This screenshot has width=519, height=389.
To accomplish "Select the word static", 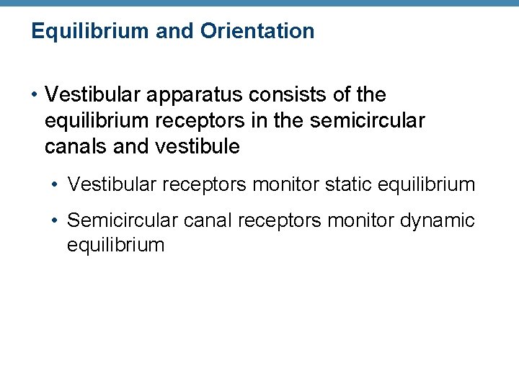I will [x=350, y=184].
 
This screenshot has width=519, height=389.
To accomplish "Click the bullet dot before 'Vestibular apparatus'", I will [x=34, y=95].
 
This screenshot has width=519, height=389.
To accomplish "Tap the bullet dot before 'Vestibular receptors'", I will [x=56, y=185].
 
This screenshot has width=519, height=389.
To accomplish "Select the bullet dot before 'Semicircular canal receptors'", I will [x=56, y=220].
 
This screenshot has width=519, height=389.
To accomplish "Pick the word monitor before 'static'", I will [x=285, y=184].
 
